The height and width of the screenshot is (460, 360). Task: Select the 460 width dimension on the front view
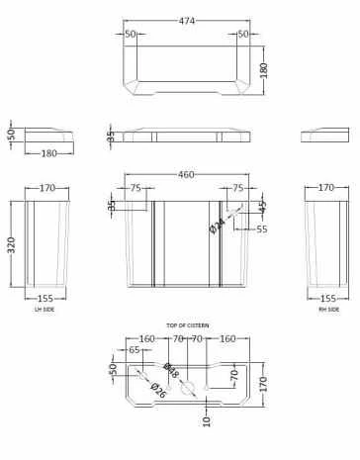(x=179, y=175)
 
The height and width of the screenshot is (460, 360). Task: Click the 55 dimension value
(x=262, y=229)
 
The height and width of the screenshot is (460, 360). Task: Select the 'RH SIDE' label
(x=329, y=310)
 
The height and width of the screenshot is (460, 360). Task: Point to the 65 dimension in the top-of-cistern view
(x=135, y=350)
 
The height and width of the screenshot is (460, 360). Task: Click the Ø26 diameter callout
(x=157, y=391)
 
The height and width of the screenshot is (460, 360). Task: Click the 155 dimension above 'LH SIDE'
(x=45, y=298)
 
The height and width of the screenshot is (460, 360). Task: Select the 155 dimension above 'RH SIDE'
(x=328, y=298)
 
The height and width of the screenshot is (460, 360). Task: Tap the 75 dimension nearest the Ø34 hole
(x=236, y=186)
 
